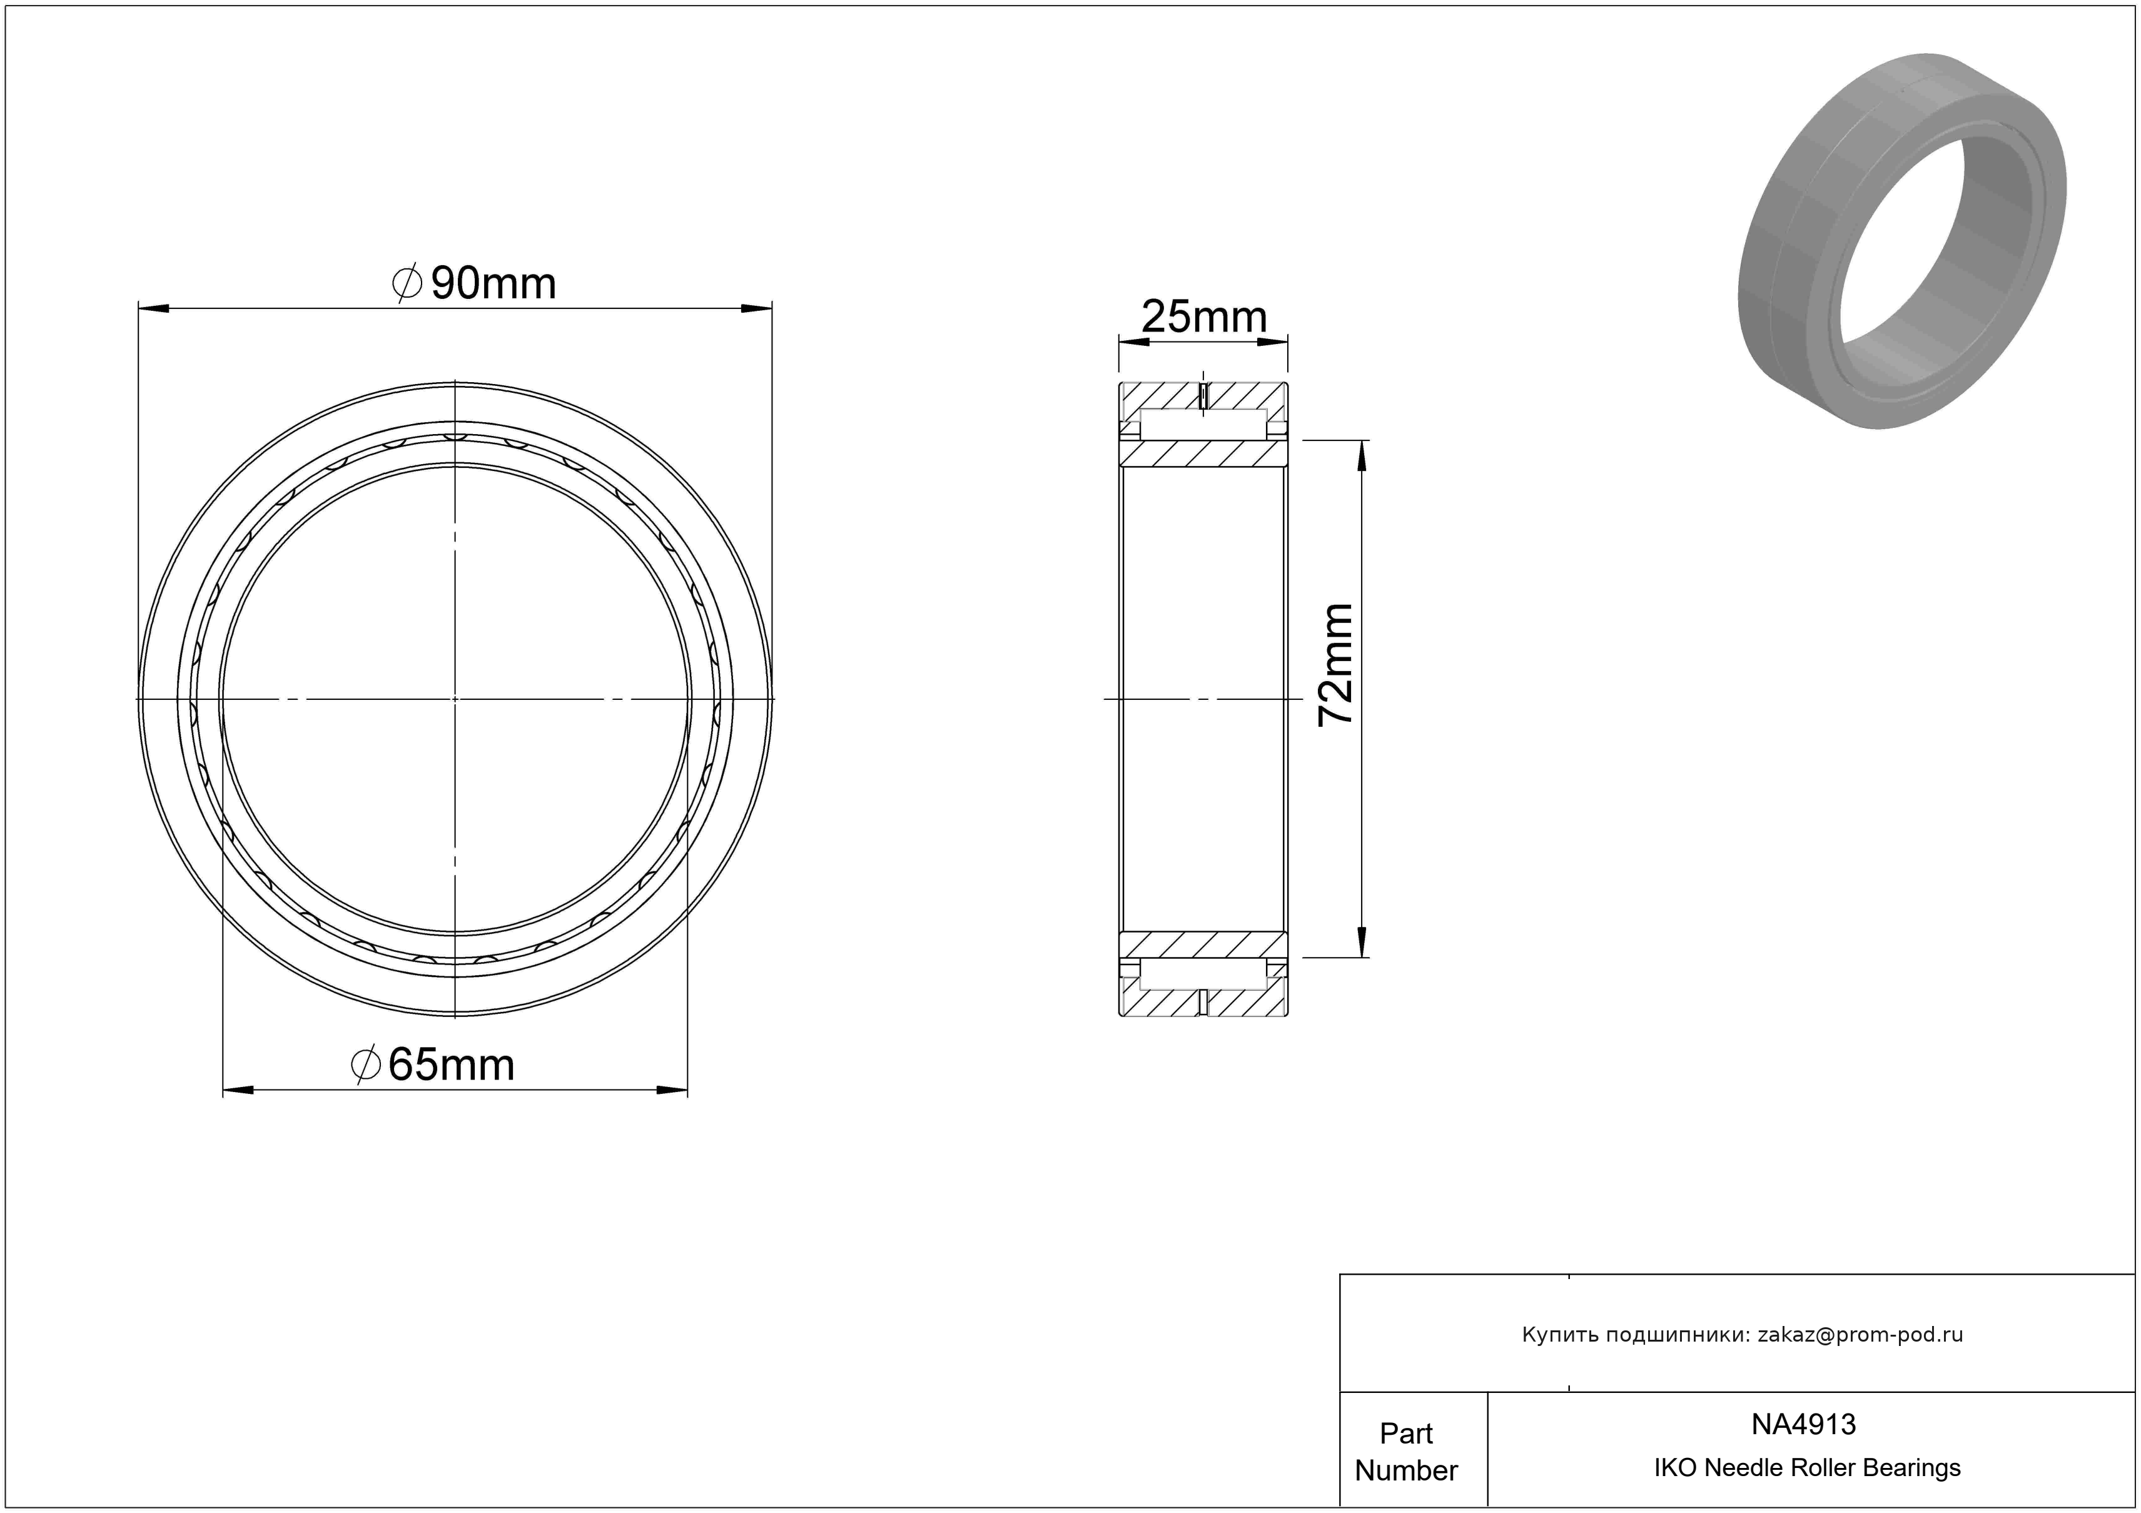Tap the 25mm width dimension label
tap(1204, 317)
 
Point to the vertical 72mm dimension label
tap(1334, 664)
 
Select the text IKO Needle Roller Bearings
tap(1807, 1467)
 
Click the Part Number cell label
tap(1406, 1452)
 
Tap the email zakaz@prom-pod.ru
tap(1860, 1335)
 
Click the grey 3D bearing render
tap(1902, 241)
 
